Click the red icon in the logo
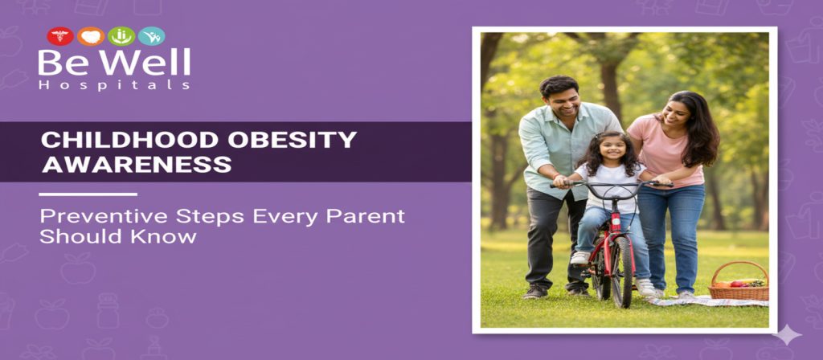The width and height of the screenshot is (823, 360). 59,36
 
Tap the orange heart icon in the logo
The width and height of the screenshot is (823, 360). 90,36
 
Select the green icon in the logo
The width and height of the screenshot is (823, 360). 121,36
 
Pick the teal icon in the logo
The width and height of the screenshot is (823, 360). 151,36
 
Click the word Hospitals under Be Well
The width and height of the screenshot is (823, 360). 113,84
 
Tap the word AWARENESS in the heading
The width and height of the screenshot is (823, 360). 137,164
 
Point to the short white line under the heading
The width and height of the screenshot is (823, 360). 88,194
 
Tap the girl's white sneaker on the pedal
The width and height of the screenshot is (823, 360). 579,257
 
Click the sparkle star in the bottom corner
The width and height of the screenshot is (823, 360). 786,335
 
